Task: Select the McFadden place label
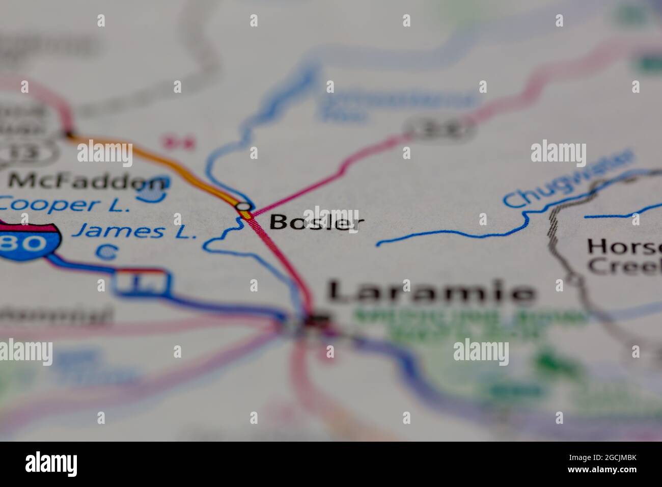pos(88,181)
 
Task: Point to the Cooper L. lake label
pos(62,205)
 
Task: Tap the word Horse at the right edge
pos(624,248)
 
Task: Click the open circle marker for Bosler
pos(244,206)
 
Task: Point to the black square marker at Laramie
pos(317,319)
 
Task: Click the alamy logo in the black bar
pos(51,464)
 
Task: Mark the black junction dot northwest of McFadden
pos(69,134)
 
